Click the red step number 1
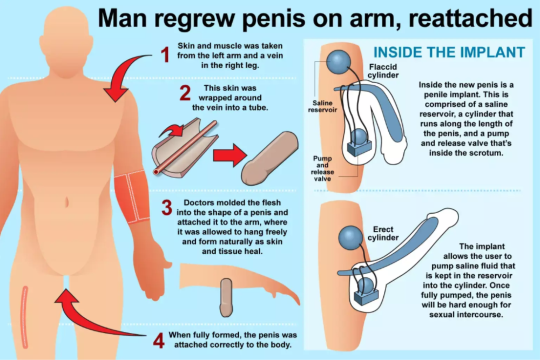166,55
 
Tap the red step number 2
185,93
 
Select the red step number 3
167,208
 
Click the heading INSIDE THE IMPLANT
449,52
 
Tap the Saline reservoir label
322,106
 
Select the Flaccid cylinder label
383,71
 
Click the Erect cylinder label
383,233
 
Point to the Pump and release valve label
322,168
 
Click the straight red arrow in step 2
230,155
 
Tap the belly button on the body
66,202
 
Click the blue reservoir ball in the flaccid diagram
339,62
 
